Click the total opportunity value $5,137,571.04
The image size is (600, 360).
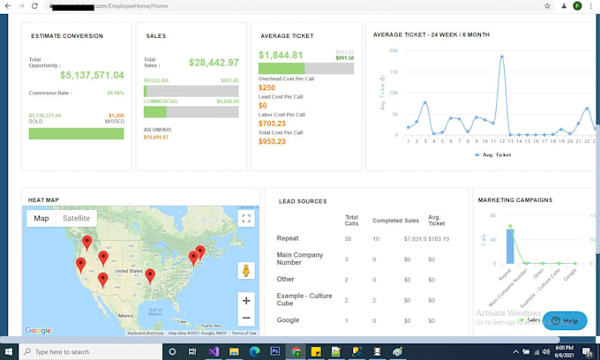[x=92, y=75]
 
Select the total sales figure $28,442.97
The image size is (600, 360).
[x=214, y=63]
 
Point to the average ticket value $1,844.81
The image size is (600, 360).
[x=280, y=55]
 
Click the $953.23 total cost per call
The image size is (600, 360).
[x=272, y=141]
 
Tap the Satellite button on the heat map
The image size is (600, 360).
[x=76, y=218]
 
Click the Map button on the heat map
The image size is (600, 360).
[x=41, y=218]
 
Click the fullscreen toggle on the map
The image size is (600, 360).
[x=247, y=219]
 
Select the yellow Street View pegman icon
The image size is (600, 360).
[x=247, y=271]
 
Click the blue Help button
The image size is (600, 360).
[x=565, y=320]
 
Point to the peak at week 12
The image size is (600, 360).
[x=501, y=56]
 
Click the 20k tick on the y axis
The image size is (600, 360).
[x=394, y=50]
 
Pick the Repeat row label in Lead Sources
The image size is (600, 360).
[x=288, y=238]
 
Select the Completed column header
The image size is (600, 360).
[x=387, y=219]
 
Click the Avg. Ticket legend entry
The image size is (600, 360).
[x=492, y=154]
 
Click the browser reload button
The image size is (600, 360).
[x=34, y=6]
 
